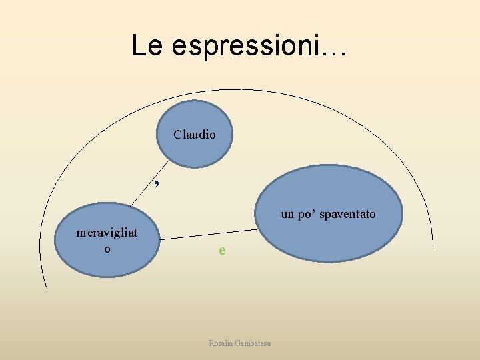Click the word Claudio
point(195,134)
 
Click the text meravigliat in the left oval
point(107,233)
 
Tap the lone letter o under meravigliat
point(107,249)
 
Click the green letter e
point(222,251)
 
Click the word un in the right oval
point(287,214)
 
